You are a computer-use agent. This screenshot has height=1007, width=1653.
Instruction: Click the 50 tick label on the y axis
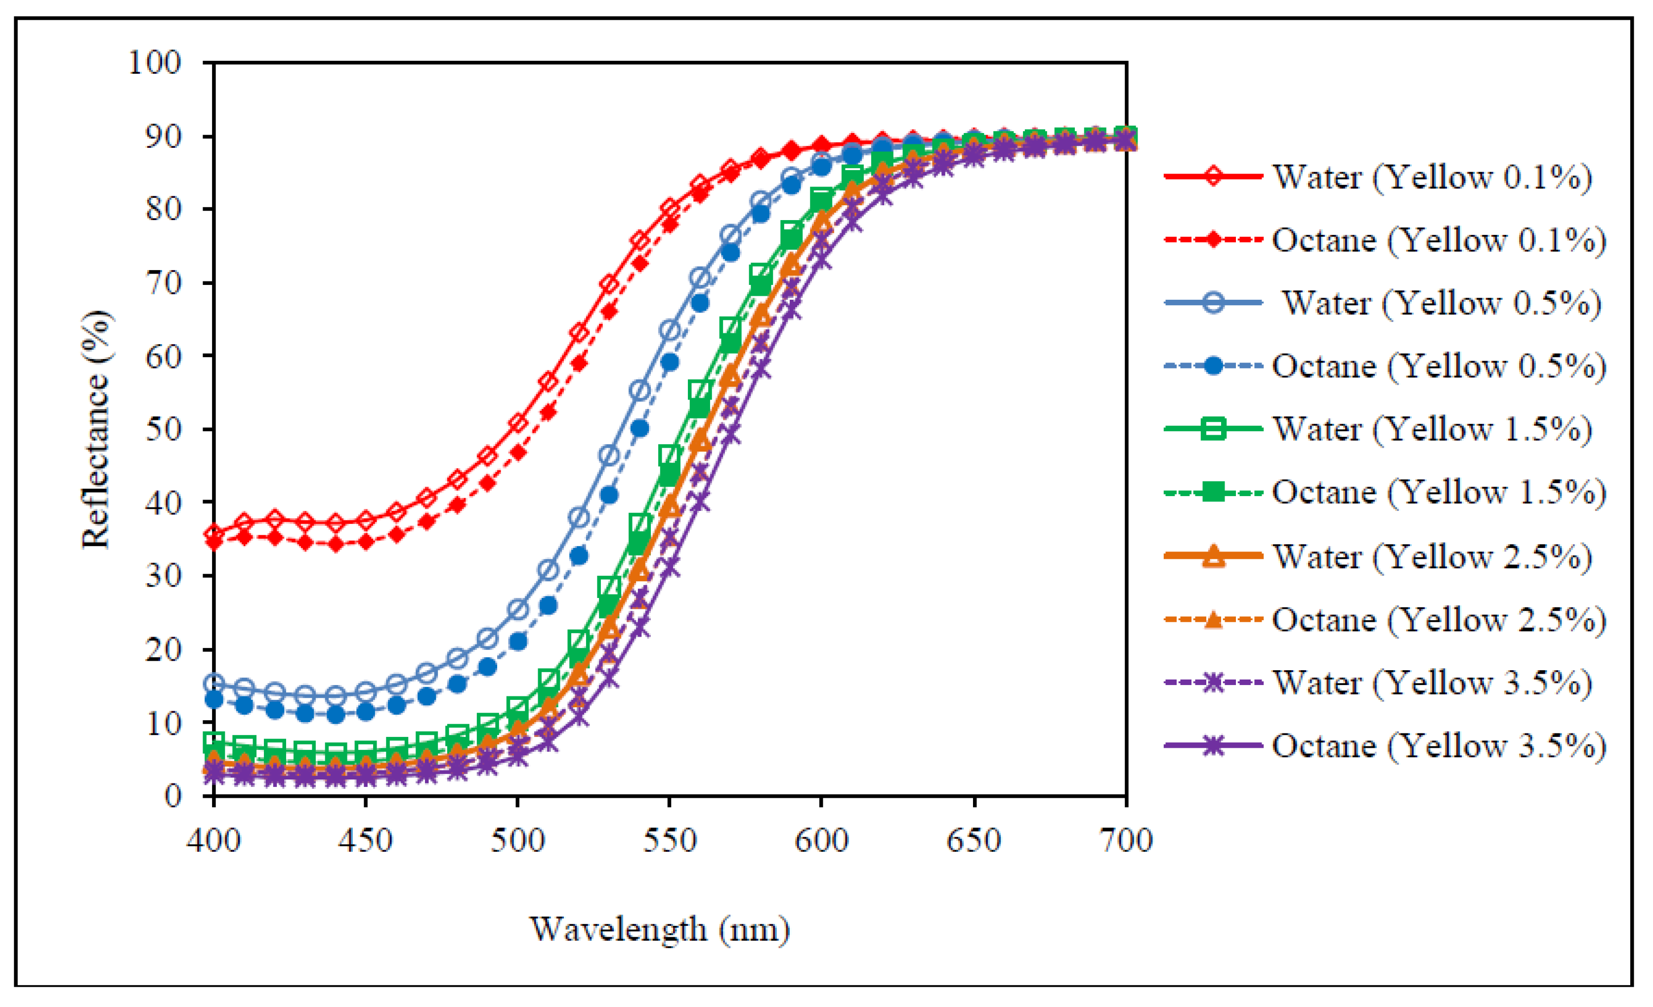click(163, 430)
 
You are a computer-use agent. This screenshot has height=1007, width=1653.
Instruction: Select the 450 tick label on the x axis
click(365, 840)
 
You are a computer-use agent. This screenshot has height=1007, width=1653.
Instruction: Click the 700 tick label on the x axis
click(1126, 840)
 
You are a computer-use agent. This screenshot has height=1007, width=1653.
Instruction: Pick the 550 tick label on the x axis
click(670, 840)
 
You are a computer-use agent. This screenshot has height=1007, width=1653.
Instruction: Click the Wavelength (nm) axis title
click(660, 930)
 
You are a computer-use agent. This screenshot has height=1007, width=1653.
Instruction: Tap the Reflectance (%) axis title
click(95, 430)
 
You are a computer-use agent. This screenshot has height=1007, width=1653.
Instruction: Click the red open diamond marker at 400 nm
click(213, 534)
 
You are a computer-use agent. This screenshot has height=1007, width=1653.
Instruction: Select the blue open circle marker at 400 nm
click(213, 684)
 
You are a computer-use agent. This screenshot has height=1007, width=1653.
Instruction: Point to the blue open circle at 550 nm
click(670, 330)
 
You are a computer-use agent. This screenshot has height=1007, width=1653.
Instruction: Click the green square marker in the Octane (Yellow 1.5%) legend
click(1213, 493)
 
